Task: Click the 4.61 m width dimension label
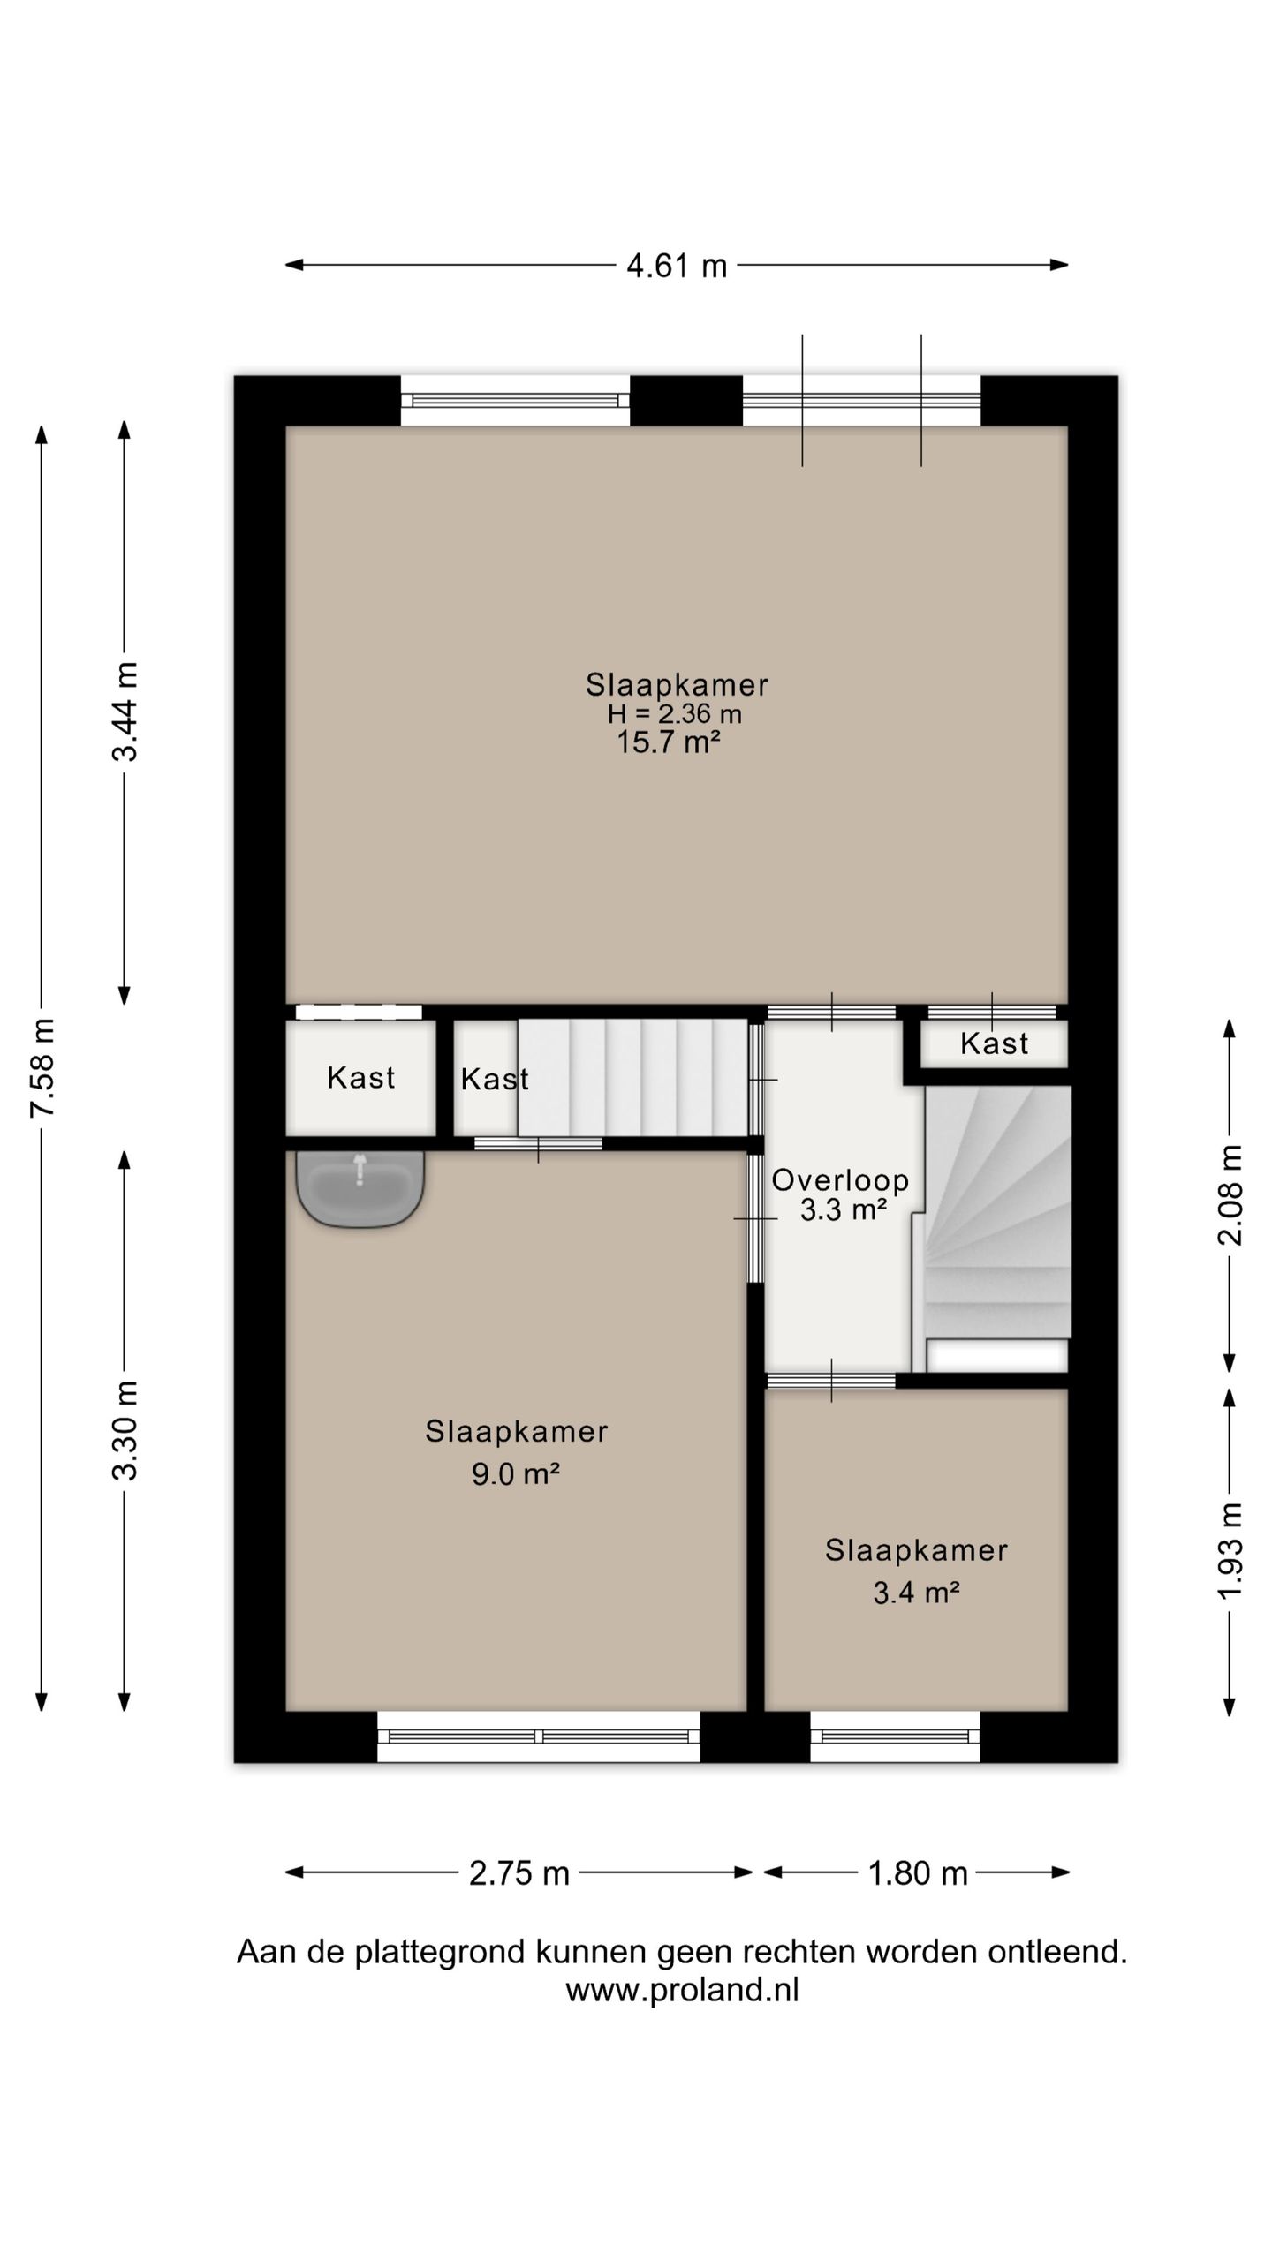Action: coord(677,266)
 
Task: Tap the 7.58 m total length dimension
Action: coord(42,1067)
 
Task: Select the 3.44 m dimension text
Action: coord(125,712)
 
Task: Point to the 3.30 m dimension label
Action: coord(125,1430)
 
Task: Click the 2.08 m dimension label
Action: coord(1229,1194)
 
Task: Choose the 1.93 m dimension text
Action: coord(1229,1550)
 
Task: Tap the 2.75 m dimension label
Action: coord(519,1873)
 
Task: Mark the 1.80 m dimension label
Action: coord(918,1873)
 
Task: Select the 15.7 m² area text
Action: coord(668,742)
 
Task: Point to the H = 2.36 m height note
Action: coord(674,713)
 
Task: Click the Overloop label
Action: coord(840,1180)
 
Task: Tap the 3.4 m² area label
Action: coord(916,1593)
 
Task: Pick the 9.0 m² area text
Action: coord(516,1473)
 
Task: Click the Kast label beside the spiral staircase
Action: coord(995,1043)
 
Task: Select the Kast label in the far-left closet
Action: coord(360,1077)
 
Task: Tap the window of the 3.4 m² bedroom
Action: coord(895,1736)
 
